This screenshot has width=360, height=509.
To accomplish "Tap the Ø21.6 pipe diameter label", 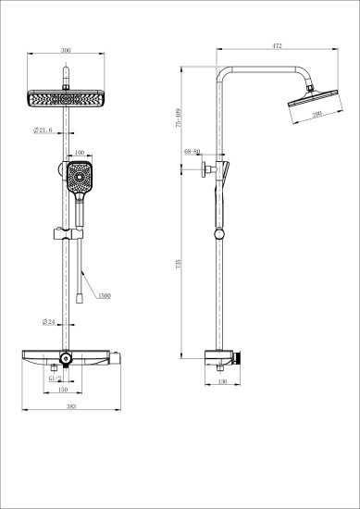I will (43, 130).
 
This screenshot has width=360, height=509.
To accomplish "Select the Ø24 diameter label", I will (49, 321).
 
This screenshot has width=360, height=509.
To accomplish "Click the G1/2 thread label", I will (55, 378).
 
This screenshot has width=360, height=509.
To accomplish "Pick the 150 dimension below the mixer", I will (64, 390).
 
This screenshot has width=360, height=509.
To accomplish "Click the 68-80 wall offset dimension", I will (193, 150).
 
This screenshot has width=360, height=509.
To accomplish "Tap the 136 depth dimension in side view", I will (221, 380).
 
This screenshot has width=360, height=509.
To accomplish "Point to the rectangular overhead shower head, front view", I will (64, 98).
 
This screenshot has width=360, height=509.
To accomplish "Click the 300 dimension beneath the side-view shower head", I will (317, 114).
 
